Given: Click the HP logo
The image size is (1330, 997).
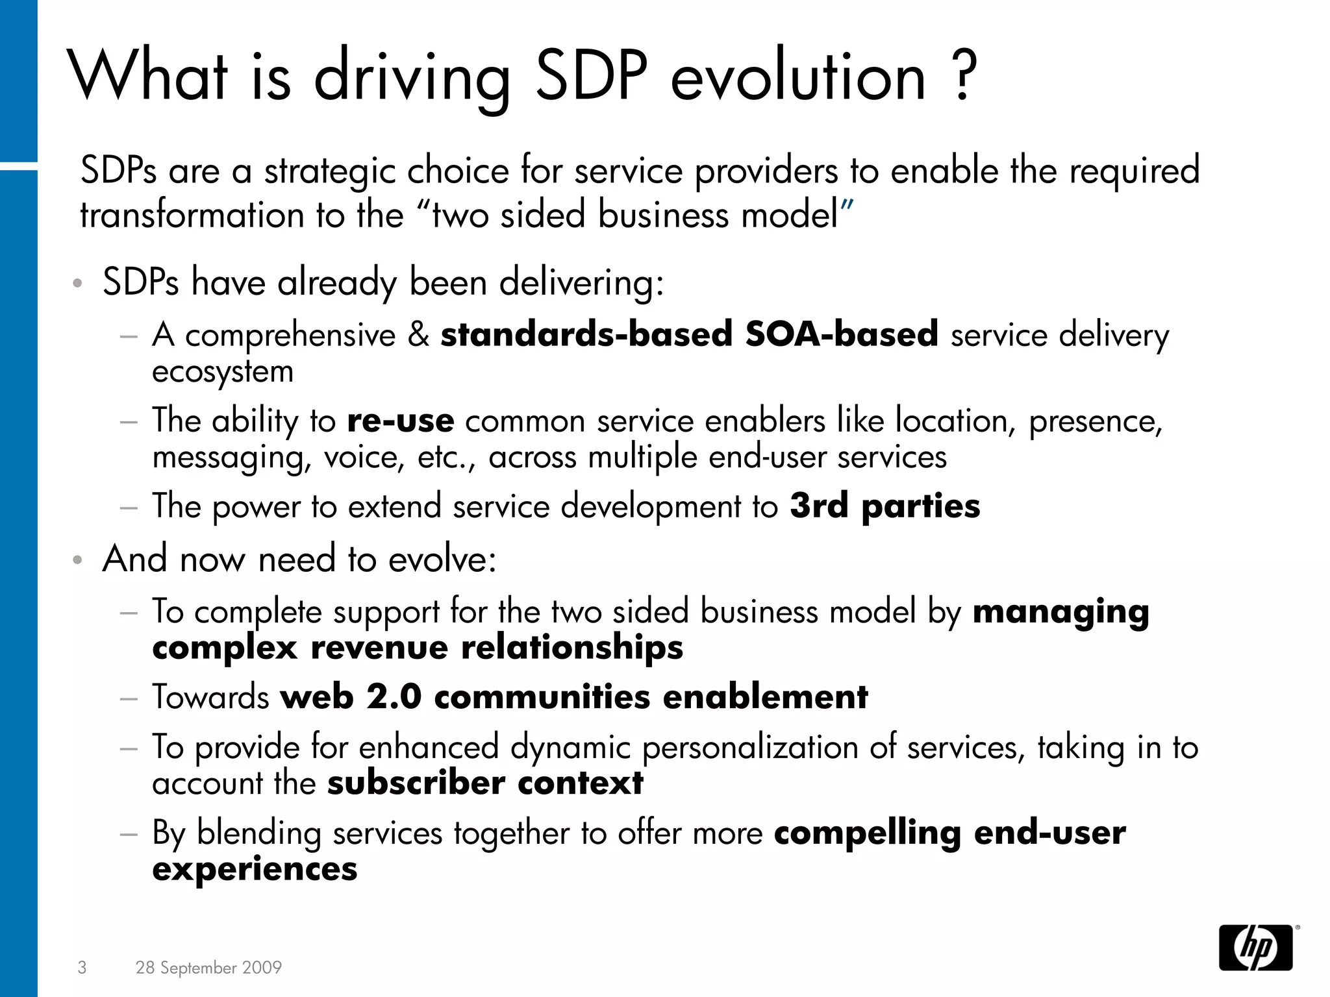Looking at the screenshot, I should [x=1255, y=948].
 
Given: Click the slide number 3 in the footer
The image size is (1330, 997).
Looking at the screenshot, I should [x=82, y=968].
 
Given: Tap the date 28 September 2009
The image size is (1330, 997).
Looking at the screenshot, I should [x=208, y=968].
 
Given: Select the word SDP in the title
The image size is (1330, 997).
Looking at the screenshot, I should [x=591, y=77].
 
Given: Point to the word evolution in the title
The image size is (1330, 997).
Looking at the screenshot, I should [x=798, y=77].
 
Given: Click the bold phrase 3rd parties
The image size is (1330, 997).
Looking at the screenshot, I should [x=885, y=506].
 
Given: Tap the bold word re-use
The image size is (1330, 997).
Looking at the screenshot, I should [x=400, y=421].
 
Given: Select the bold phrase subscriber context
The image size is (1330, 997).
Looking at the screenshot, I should [x=485, y=783].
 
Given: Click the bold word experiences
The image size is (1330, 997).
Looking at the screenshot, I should [x=255, y=869].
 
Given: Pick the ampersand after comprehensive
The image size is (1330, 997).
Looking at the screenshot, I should [x=419, y=335].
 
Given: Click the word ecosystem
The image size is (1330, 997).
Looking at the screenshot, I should [x=223, y=372].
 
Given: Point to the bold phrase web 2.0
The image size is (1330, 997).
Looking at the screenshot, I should [x=351, y=697].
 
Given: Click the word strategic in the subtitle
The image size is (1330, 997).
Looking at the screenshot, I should [x=330, y=171].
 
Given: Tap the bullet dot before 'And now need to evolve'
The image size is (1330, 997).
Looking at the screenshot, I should [x=78, y=560].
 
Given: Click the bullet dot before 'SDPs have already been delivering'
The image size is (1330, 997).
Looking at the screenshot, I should [x=78, y=284].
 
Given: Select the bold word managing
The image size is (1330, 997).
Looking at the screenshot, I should [x=1060, y=613].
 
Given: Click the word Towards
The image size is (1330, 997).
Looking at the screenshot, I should [x=210, y=697].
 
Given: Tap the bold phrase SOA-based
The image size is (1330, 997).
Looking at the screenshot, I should [x=842, y=335].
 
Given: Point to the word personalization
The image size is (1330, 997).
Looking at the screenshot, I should [x=750, y=747].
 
